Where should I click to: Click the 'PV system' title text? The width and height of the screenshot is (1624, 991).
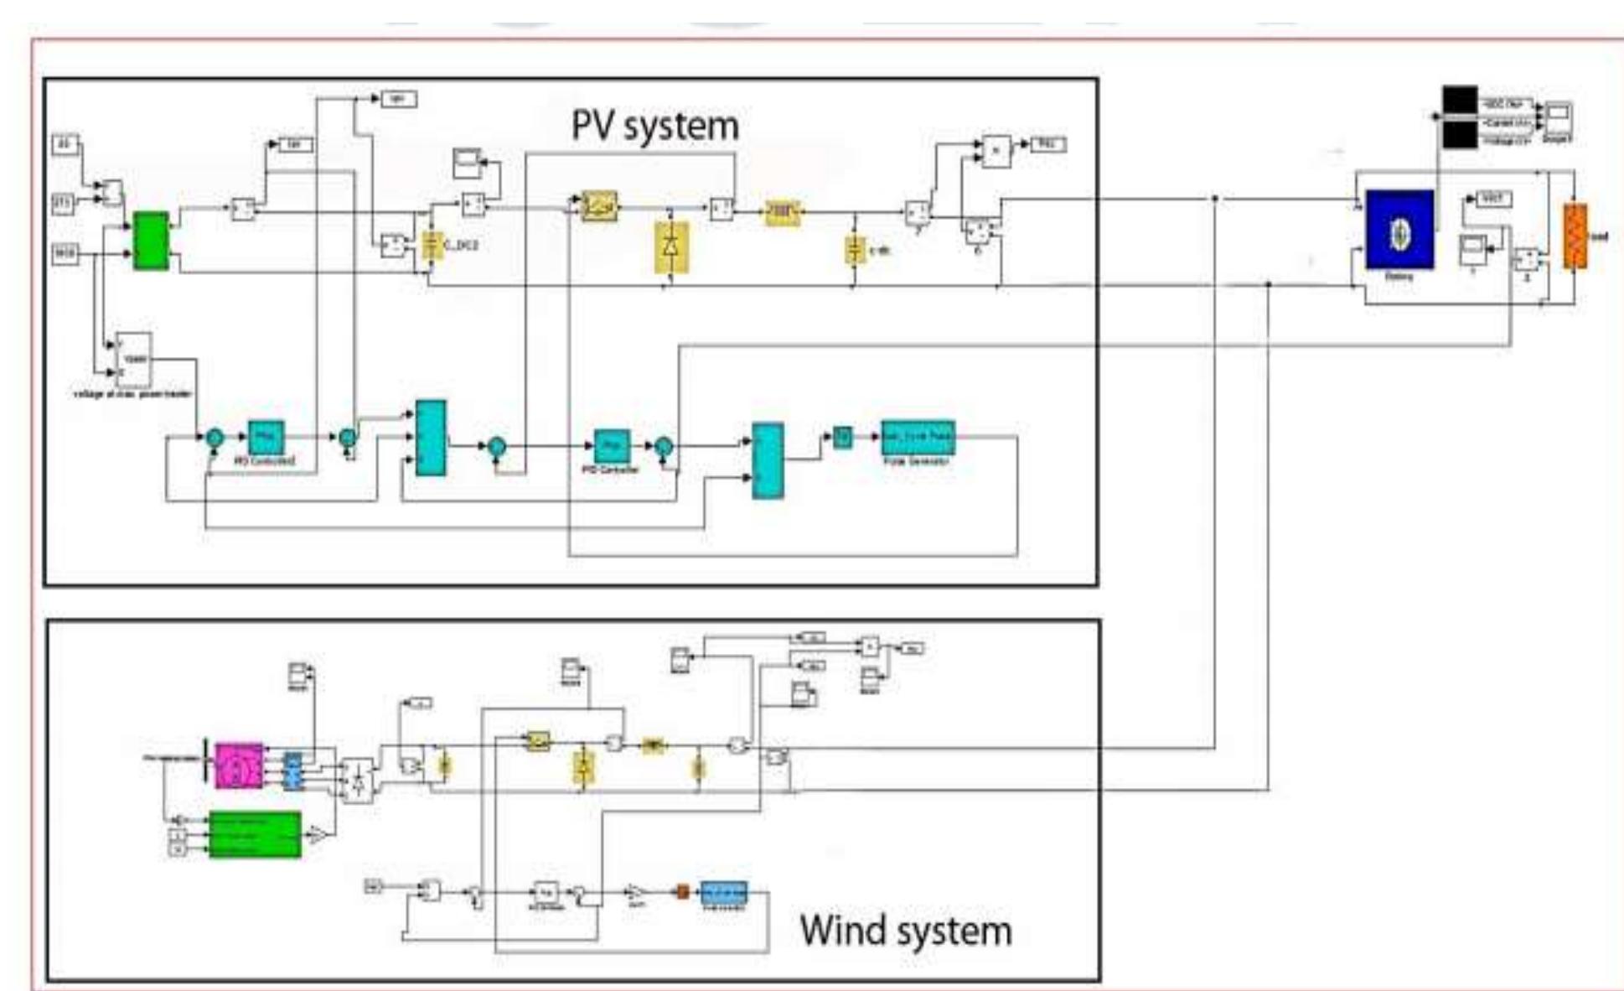654,126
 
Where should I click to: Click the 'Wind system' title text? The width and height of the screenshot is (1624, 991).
905,931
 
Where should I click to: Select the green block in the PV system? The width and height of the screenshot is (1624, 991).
151,241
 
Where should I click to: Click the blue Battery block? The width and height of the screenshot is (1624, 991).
1399,229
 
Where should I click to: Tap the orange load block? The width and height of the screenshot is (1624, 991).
1575,236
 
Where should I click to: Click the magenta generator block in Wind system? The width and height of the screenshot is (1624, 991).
238,765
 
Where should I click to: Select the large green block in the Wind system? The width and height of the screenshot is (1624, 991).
254,834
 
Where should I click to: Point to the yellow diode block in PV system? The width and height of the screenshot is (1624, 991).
671,246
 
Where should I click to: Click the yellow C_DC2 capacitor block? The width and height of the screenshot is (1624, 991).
432,246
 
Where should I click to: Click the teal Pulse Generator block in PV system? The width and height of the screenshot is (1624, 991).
918,437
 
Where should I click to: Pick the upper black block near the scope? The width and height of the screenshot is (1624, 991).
1460,99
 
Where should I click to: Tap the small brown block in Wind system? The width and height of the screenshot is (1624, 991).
682,892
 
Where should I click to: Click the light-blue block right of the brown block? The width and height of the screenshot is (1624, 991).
723,892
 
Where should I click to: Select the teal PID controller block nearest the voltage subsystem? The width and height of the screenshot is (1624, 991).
266,437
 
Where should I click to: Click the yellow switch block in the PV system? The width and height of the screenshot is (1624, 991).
600,205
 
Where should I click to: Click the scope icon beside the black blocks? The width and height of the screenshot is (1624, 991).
1558,117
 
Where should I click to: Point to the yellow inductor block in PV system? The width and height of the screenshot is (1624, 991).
782,212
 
